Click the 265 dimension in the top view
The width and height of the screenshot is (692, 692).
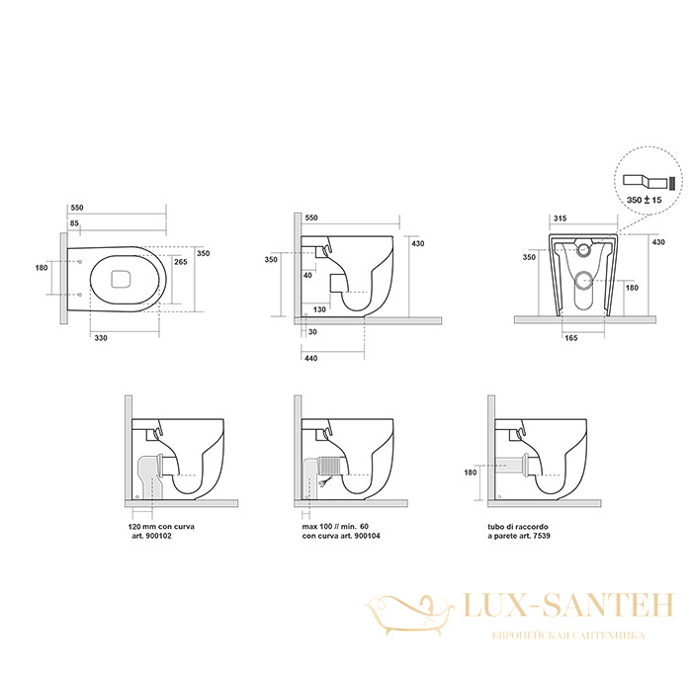tap(181, 262)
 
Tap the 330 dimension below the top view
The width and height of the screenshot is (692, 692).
tap(101, 338)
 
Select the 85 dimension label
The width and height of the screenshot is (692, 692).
tap(74, 223)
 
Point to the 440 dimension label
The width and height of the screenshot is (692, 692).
tap(310, 358)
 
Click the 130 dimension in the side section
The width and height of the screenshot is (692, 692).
tap(319, 309)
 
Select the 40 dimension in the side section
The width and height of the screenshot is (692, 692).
tap(307, 276)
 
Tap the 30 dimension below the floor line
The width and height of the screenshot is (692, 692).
tap(312, 332)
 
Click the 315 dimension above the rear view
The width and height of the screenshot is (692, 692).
tap(561, 218)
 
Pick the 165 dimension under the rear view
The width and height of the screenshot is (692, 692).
tap(571, 338)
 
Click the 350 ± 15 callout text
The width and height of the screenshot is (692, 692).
tap(645, 200)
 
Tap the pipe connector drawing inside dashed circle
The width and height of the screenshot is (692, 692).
tap(648, 181)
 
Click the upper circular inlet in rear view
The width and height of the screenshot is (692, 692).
tap(585, 249)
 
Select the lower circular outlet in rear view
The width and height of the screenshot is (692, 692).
tap(585, 280)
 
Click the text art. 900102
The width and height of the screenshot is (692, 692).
tap(152, 536)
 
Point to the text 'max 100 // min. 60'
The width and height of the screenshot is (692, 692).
tap(335, 527)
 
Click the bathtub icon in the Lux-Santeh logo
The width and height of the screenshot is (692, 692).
tap(410, 614)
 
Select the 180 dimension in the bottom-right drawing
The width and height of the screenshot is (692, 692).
tap(471, 473)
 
